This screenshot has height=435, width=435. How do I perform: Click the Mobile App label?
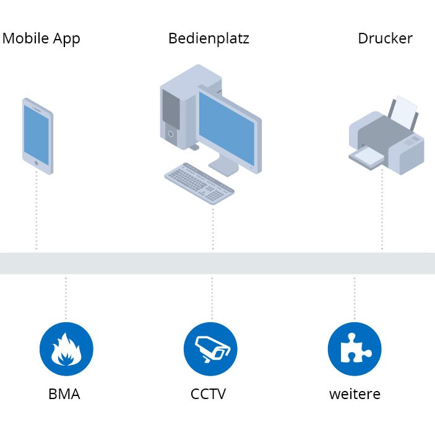pos(41,38)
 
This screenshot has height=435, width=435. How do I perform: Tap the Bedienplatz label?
pos(209,38)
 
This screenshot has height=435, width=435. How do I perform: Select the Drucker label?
pos(385,38)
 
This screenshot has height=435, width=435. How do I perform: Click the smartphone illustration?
pos(37,136)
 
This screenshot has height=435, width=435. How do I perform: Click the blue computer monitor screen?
pos(227,127)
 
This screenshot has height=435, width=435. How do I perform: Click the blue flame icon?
pos(66,349)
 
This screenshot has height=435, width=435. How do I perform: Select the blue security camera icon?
pos(211,349)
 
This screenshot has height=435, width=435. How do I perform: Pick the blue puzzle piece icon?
pos(355,349)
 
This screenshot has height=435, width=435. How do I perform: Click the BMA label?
pos(64,394)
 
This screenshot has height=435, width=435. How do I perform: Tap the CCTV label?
pos(209,394)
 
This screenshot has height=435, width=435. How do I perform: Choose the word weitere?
pos(355,394)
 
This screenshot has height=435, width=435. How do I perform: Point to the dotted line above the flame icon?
pos(66,297)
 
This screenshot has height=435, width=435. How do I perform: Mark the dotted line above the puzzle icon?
pos(355,297)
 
